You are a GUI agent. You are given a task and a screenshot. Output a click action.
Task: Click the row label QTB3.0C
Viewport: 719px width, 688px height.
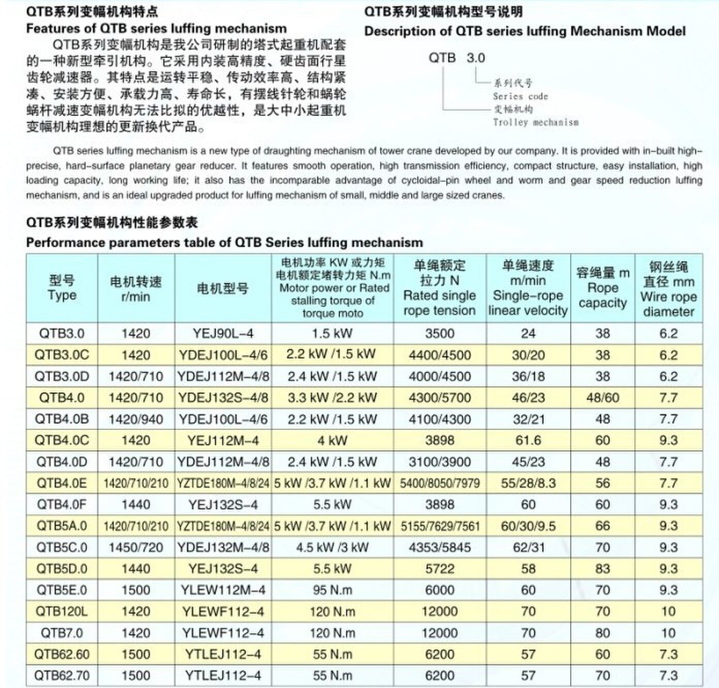pos(61,355)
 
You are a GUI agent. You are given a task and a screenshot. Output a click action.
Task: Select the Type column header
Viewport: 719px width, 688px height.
pos(61,288)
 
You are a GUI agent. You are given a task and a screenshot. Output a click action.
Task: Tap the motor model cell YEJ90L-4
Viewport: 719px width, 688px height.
pos(223,334)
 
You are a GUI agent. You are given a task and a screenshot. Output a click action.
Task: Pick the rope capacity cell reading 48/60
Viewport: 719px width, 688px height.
pos(602,398)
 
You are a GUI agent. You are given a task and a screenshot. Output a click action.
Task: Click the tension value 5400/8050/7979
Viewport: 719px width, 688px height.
pos(440,483)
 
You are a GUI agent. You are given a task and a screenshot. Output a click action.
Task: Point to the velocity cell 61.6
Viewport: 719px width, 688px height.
pos(528,441)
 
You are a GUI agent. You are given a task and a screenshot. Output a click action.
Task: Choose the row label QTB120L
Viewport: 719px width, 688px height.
pos(61,612)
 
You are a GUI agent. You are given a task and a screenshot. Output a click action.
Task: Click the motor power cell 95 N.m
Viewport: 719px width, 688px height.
pos(332,590)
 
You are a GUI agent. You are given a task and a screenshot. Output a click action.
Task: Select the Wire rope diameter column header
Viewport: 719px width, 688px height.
pos(668,289)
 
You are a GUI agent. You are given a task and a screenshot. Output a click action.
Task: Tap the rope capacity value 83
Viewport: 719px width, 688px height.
pos(602,569)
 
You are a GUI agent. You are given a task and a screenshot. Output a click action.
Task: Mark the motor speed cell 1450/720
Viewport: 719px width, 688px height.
pos(136,548)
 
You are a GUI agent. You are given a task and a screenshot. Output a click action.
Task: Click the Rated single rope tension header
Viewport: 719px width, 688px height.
pos(440,288)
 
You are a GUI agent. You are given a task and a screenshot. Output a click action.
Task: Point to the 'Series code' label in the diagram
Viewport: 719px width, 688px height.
pos(520,97)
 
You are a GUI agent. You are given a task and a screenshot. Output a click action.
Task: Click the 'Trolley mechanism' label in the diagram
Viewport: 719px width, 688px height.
pos(536,122)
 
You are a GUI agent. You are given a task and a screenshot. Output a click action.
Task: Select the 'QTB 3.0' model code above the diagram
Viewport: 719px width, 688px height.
pos(457,58)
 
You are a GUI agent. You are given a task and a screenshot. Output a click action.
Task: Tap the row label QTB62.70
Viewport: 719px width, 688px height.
pos(61,676)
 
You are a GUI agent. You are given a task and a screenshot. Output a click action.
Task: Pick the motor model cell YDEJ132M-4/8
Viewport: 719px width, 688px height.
pos(223,548)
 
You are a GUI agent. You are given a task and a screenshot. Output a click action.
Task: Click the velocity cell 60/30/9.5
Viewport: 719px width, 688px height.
pos(528,526)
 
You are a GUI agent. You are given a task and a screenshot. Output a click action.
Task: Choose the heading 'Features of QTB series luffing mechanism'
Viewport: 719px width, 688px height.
pos(156,28)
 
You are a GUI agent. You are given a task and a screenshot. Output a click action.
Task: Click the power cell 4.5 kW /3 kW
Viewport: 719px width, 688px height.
pos(332,548)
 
